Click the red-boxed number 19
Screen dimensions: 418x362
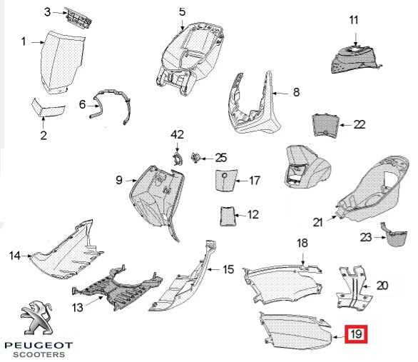[x=356, y=333]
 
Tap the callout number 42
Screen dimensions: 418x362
[x=177, y=134]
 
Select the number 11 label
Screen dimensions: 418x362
[x=354, y=20]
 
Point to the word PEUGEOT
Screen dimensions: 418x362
[x=39, y=346]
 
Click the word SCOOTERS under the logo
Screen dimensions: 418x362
[x=39, y=355]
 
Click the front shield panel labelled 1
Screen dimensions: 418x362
[x=63, y=63]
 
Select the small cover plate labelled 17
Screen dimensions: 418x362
[x=225, y=181]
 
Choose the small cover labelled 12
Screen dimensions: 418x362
[x=227, y=216]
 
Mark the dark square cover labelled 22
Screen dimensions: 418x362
[x=326, y=125]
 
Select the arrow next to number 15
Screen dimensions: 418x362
[x=215, y=269]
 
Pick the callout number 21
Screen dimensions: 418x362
[x=317, y=222]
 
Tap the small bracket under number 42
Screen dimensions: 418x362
[x=177, y=159]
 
